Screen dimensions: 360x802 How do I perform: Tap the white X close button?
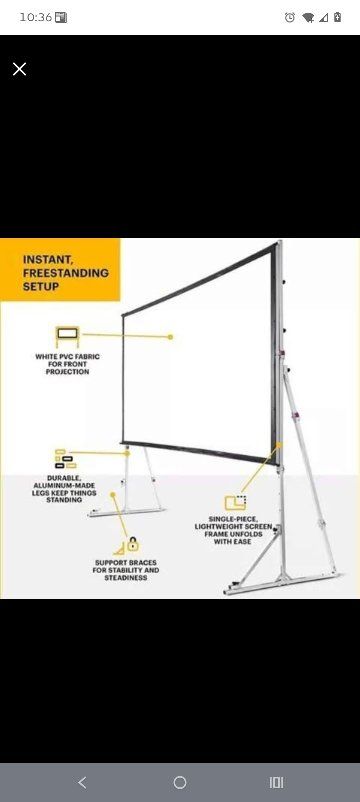19,68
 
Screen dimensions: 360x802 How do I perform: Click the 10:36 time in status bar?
35,17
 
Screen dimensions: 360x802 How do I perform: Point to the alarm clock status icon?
290,17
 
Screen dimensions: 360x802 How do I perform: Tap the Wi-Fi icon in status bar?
308,17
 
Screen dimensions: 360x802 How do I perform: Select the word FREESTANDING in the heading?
66,272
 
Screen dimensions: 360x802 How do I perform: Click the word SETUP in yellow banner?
41,286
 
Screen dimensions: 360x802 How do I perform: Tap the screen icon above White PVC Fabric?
66,336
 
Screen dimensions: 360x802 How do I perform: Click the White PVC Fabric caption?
67,364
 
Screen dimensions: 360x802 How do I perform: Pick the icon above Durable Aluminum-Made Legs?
65,459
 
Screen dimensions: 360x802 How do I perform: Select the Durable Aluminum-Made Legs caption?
64,489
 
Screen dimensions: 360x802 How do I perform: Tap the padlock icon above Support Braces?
132,544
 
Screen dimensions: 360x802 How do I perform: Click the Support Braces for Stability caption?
126,570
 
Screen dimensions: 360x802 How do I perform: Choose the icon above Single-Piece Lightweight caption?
236,502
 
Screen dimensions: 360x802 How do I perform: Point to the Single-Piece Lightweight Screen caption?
236,535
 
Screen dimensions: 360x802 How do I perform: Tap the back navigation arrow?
82,782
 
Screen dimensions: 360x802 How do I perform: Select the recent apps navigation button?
277,782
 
